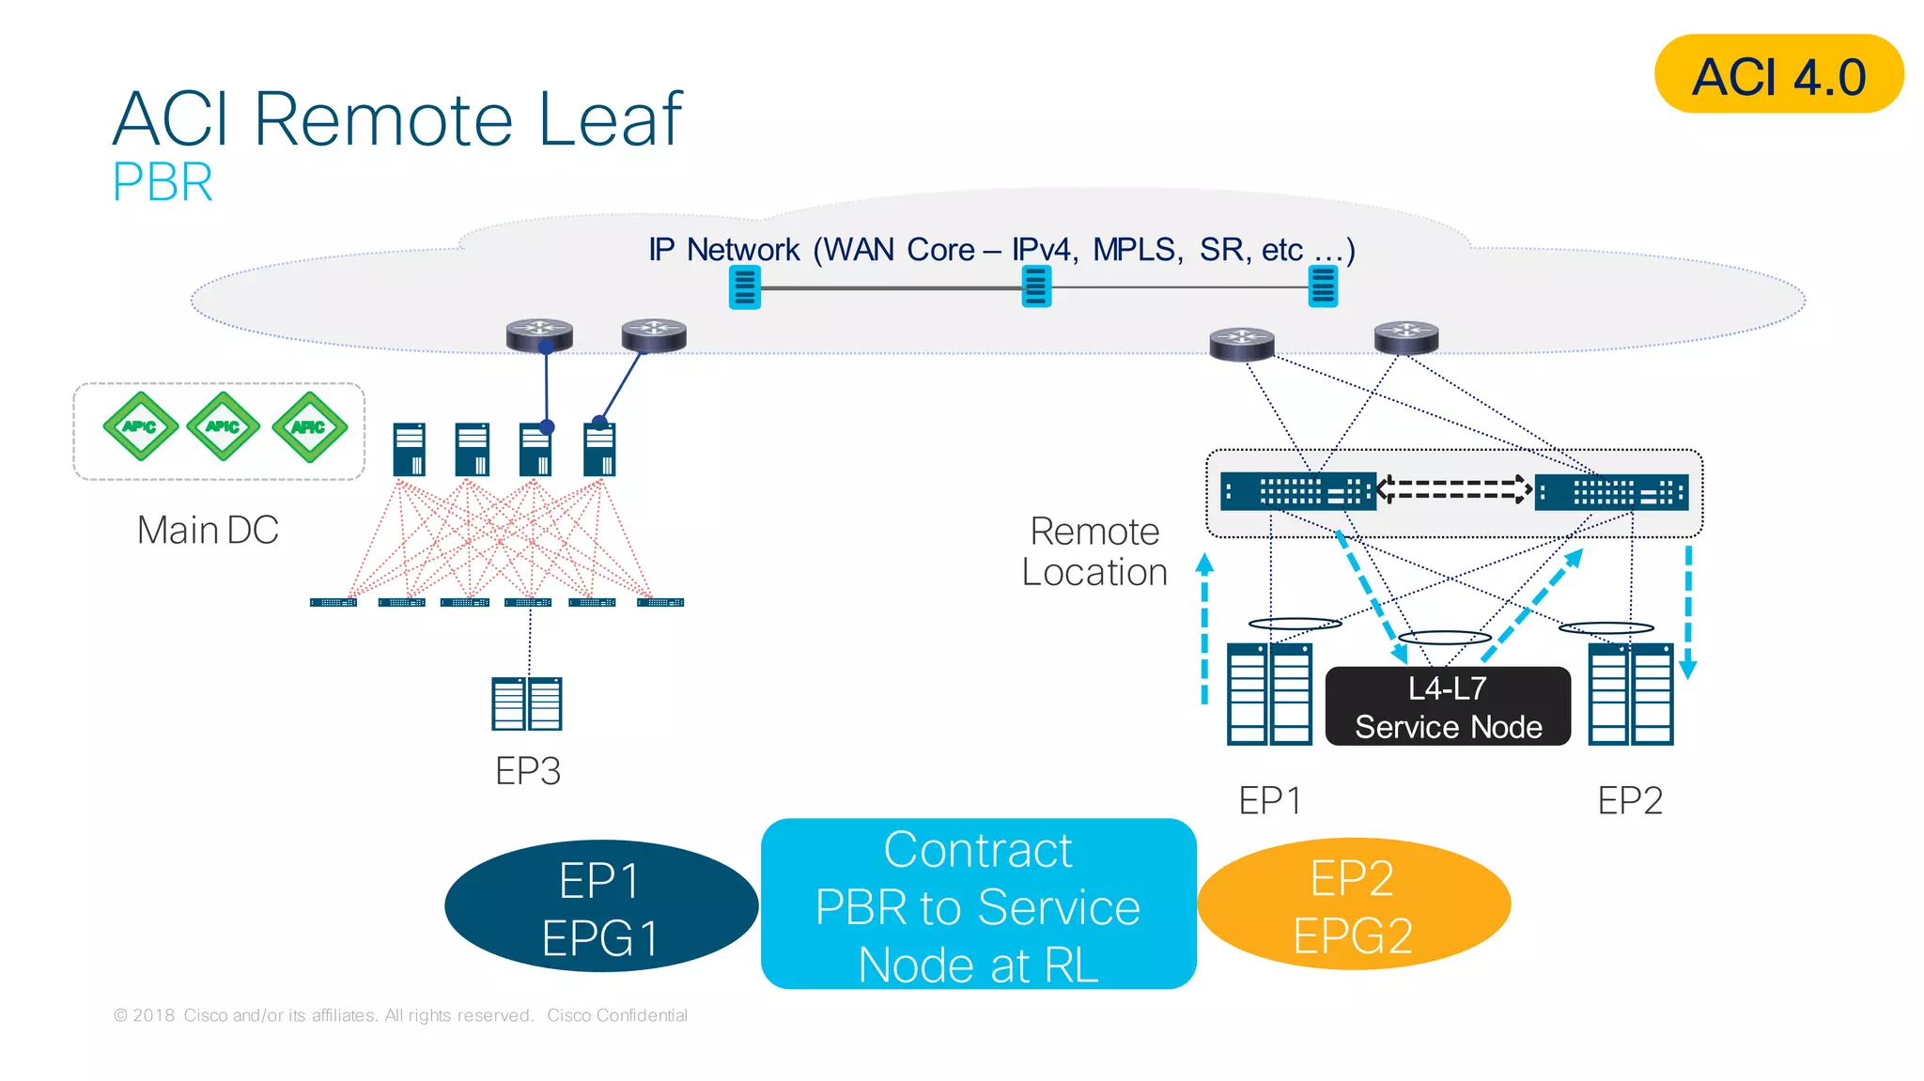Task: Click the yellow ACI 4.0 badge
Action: point(1777,74)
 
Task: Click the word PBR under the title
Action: point(163,182)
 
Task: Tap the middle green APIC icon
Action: point(224,426)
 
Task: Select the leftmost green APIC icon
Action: point(140,426)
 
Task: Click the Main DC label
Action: point(208,530)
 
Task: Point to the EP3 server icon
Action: point(527,703)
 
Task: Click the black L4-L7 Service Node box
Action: point(1448,707)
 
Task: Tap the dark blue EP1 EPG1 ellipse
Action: point(601,907)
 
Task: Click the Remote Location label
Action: point(1094,551)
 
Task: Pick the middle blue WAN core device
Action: point(1036,286)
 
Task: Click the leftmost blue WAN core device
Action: point(745,286)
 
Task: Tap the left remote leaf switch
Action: point(1297,491)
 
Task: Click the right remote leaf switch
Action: point(1611,491)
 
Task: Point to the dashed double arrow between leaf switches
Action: point(1454,489)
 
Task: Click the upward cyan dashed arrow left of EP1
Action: point(1204,629)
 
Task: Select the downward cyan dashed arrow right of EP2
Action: point(1688,610)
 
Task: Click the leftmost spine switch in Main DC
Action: point(410,449)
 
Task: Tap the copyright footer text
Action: point(400,1015)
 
